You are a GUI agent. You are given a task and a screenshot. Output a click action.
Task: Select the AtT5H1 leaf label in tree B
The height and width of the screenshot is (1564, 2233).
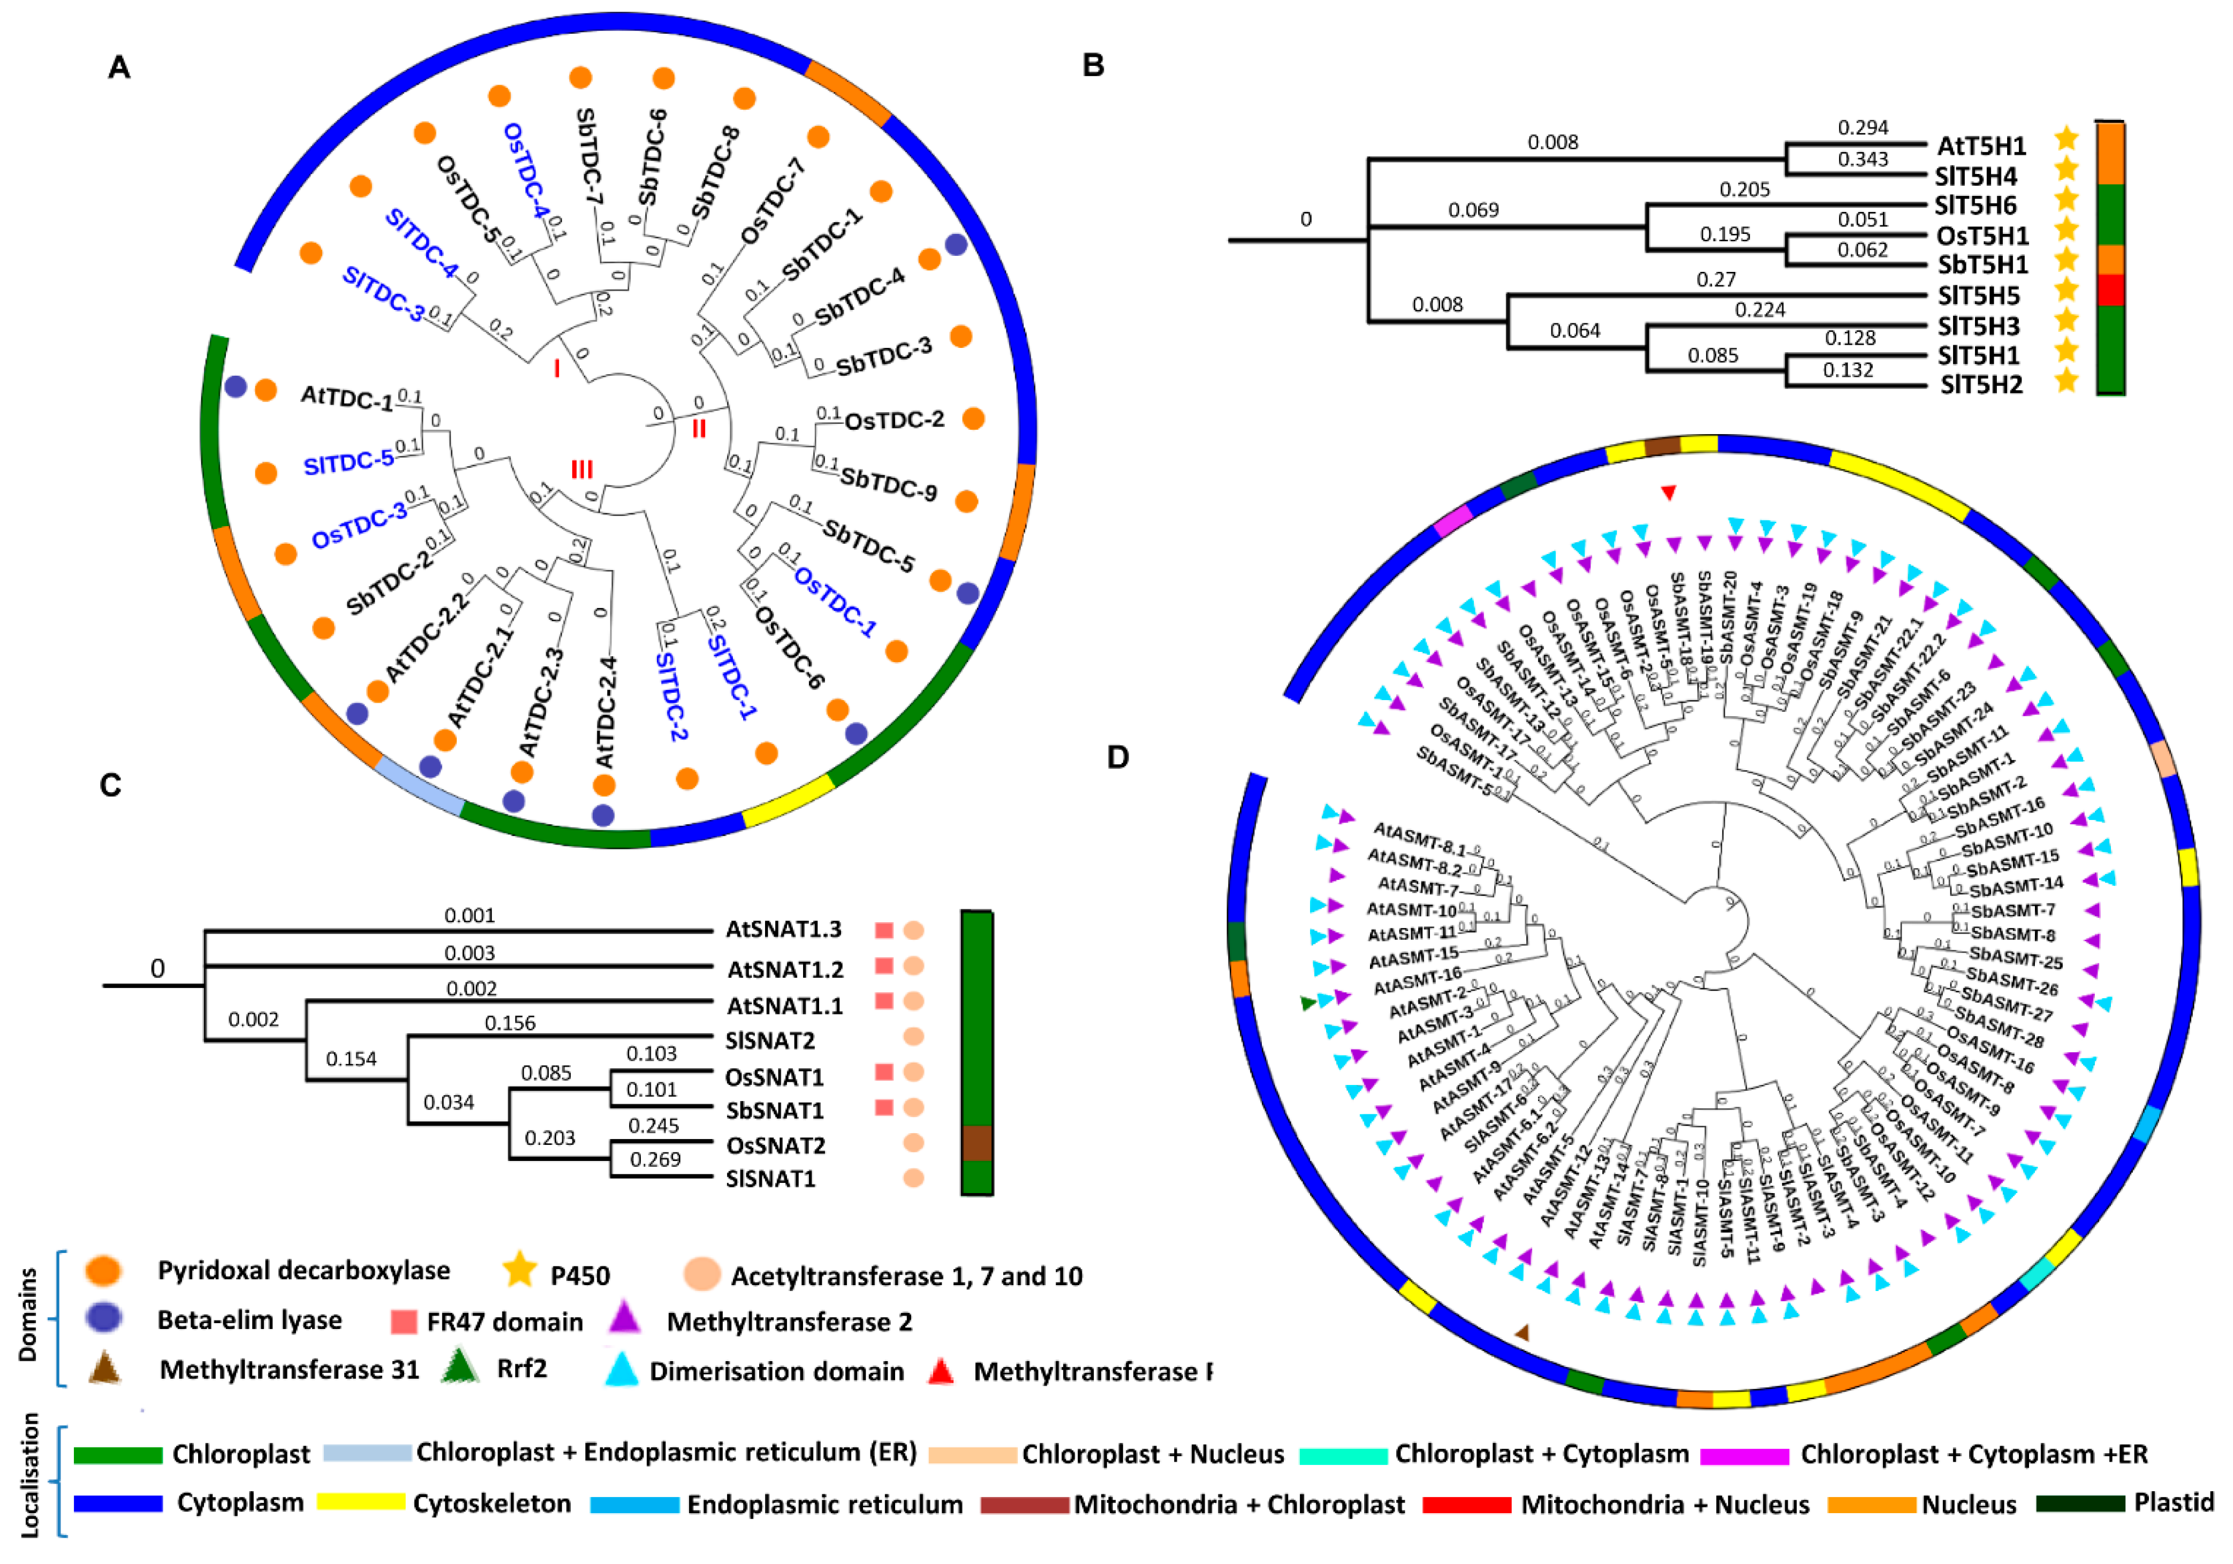(x=1981, y=146)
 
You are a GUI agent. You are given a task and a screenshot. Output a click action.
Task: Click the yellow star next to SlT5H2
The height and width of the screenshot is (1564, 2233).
(x=2066, y=381)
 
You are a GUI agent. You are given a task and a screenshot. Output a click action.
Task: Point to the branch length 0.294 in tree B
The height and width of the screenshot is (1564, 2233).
(x=1863, y=127)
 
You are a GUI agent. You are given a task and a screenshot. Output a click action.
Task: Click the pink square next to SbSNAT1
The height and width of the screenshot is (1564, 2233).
(x=883, y=1108)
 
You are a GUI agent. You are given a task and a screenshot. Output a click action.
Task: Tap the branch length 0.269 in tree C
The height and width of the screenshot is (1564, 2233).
(x=655, y=1159)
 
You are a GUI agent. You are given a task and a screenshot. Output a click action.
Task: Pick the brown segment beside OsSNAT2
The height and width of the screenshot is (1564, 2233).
(x=977, y=1143)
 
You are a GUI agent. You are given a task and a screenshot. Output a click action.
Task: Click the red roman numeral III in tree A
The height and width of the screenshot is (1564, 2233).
(x=581, y=470)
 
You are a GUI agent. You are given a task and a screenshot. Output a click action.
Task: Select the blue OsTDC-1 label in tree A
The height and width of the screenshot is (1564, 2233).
(x=835, y=601)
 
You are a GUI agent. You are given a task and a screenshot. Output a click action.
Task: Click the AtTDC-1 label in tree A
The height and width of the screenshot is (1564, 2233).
(x=346, y=397)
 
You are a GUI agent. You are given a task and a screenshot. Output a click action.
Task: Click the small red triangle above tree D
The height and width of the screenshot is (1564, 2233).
(x=1668, y=493)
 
